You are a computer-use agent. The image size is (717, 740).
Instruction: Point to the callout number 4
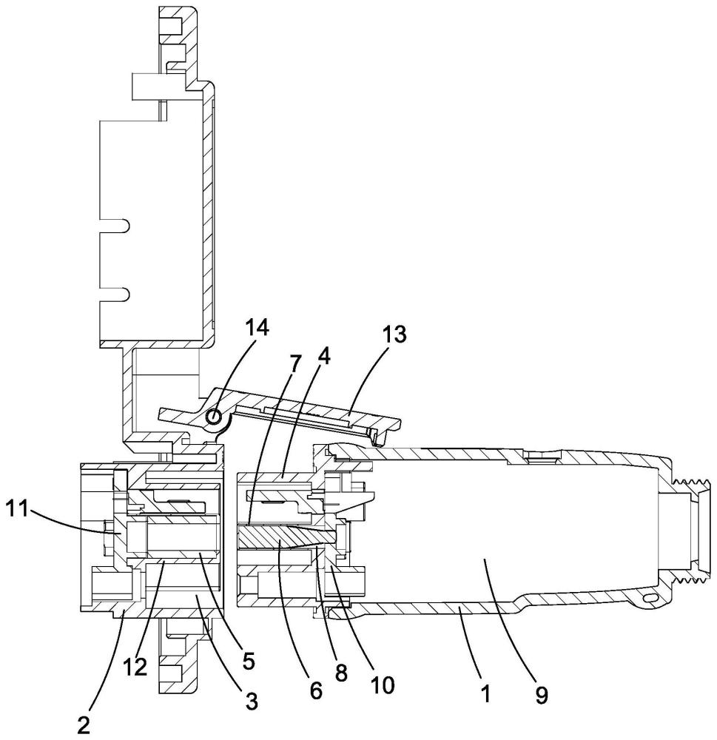[x=323, y=357]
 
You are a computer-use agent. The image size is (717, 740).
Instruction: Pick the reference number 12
[x=135, y=667]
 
